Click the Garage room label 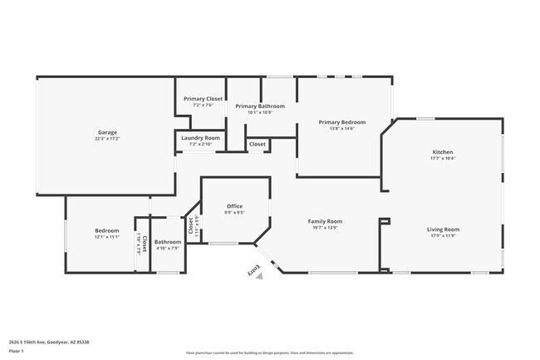tap(106, 132)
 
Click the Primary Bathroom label tap(259, 106)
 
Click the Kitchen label tap(442, 152)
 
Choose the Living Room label tap(443, 229)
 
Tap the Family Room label tap(325, 221)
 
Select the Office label tap(234, 206)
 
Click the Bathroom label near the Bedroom tap(168, 242)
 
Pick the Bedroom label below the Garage tap(106, 230)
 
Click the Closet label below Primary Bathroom tap(258, 145)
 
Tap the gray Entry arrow tap(259, 276)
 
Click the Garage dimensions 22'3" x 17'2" tap(106, 139)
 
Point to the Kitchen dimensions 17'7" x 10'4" tap(442, 159)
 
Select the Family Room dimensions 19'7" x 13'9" tap(325, 228)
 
